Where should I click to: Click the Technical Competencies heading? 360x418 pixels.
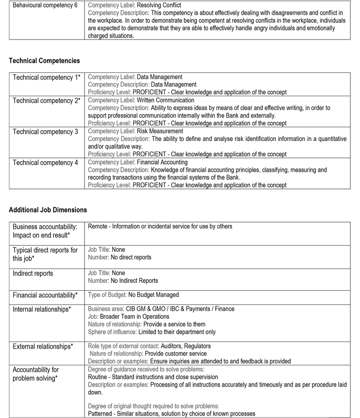click(44, 61)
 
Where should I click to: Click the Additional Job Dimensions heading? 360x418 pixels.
click(48, 210)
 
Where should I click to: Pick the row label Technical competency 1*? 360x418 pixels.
click(46, 78)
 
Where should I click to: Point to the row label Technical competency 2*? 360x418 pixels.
click(46, 101)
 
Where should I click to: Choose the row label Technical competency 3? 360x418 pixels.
click(45, 132)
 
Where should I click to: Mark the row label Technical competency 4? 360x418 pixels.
click(45, 163)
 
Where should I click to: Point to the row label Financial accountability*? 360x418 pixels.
click(45, 295)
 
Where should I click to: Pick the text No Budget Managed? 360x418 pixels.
click(153, 295)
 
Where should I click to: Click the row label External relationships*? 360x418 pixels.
click(43, 347)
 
